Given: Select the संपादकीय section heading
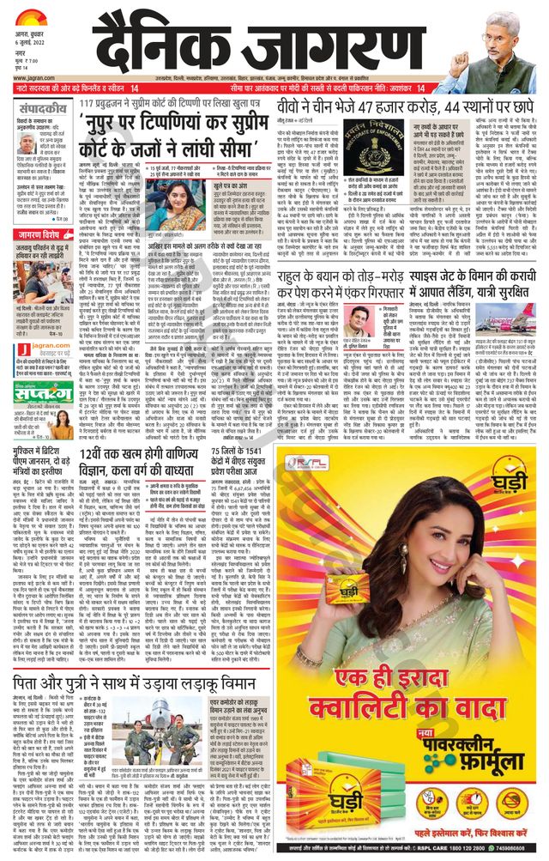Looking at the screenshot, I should (37, 108).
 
